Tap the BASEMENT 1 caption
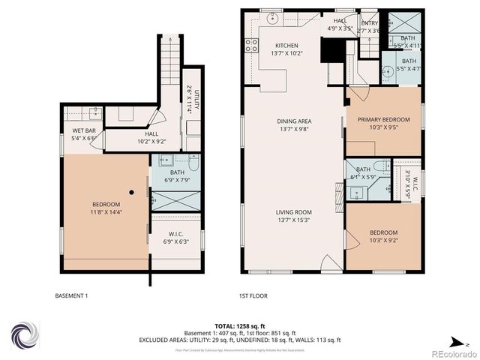pyautogui.click(x=72, y=295)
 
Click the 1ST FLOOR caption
pyautogui.click(x=253, y=295)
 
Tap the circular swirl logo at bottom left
pyautogui.click(x=24, y=334)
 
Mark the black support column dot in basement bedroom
pyautogui.click(x=132, y=192)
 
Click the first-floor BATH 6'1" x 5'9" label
pyautogui.click(x=363, y=173)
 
